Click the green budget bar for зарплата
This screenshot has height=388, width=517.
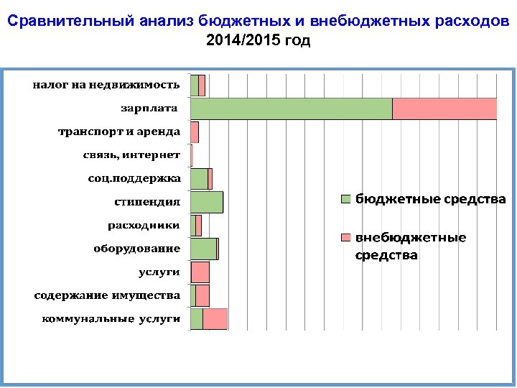(x=291, y=108)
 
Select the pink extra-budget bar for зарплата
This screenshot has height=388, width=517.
(x=444, y=108)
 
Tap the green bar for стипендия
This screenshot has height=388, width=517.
(x=206, y=202)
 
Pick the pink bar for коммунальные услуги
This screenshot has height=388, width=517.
(x=215, y=319)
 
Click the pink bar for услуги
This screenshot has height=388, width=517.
(x=200, y=272)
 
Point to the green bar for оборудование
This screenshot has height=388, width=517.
(x=203, y=249)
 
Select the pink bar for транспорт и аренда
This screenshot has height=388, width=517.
(x=195, y=132)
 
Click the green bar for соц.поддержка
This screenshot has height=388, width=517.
(x=199, y=179)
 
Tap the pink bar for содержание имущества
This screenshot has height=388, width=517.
(x=202, y=295)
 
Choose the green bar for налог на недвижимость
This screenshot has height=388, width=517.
(x=194, y=86)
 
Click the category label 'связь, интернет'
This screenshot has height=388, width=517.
(x=132, y=155)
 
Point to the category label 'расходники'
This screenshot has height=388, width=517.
(x=144, y=225)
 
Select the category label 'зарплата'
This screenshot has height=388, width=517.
(x=149, y=108)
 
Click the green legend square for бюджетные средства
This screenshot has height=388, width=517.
(x=345, y=199)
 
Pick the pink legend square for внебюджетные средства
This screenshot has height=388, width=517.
(x=345, y=238)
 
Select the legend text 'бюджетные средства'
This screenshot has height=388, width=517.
(x=431, y=199)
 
